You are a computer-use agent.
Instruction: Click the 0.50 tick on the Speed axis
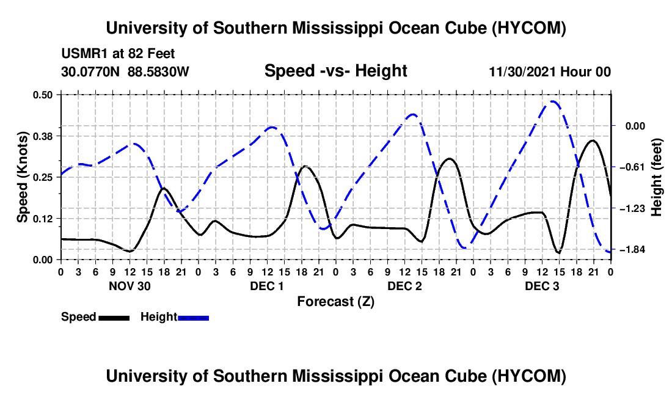tap(43, 95)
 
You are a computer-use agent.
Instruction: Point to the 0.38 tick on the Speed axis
tap(43, 136)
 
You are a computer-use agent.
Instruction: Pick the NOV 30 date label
tap(130, 286)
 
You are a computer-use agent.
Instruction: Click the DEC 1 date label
tap(267, 286)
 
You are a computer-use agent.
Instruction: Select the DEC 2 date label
tap(404, 286)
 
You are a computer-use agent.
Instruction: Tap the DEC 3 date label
tap(542, 286)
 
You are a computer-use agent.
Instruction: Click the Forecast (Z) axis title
tap(336, 302)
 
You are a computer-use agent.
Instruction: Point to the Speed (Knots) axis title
tap(22, 177)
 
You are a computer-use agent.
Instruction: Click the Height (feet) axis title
tap(656, 177)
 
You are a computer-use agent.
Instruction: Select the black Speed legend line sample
tap(114, 318)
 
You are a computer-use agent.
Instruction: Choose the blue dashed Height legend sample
tap(193, 318)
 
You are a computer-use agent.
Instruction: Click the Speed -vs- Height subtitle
tap(336, 71)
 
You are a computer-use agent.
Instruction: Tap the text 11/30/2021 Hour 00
tap(550, 71)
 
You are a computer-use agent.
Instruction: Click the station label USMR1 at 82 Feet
tap(118, 54)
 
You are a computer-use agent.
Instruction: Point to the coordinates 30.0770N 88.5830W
tap(125, 71)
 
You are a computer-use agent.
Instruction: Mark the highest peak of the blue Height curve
tap(553, 101)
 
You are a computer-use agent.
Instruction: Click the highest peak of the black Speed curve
tap(593, 140)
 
